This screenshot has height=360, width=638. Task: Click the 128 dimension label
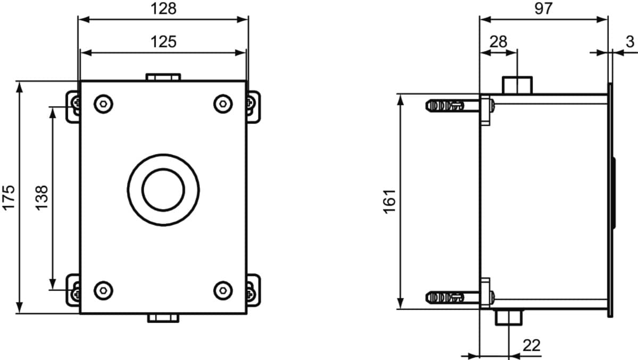click(x=164, y=9)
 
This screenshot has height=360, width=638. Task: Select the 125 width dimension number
click(x=164, y=41)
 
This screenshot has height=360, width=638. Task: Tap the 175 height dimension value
click(x=9, y=198)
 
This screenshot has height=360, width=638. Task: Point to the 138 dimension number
click(x=41, y=198)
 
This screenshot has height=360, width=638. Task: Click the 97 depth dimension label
click(x=543, y=9)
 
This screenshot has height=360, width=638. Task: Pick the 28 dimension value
click(x=499, y=41)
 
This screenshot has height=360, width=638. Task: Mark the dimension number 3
click(x=629, y=41)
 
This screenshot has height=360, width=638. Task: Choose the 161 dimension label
click(x=389, y=202)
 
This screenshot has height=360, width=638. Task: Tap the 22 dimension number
click(x=532, y=346)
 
